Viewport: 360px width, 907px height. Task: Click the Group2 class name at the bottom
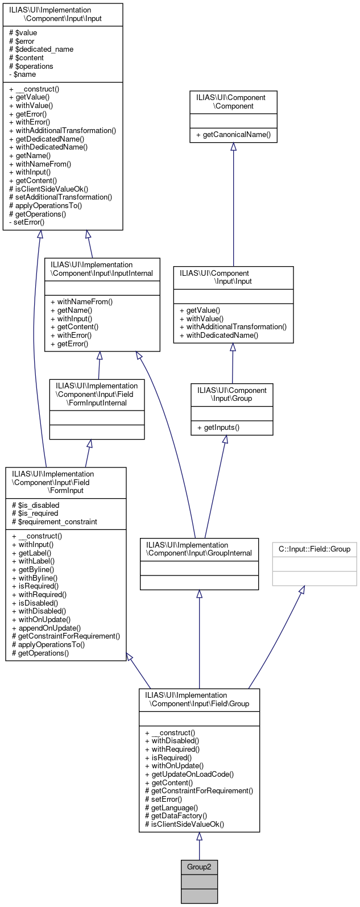(199, 867)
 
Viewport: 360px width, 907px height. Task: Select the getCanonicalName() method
(233, 135)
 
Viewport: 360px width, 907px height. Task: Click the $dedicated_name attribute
(37, 49)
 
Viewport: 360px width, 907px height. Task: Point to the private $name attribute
(23, 74)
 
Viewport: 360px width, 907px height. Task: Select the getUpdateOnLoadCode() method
(189, 774)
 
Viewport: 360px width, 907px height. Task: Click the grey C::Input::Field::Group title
(315, 549)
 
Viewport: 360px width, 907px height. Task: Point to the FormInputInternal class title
(97, 394)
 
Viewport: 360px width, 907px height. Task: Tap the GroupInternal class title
(199, 549)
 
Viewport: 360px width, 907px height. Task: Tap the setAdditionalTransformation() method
(60, 197)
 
